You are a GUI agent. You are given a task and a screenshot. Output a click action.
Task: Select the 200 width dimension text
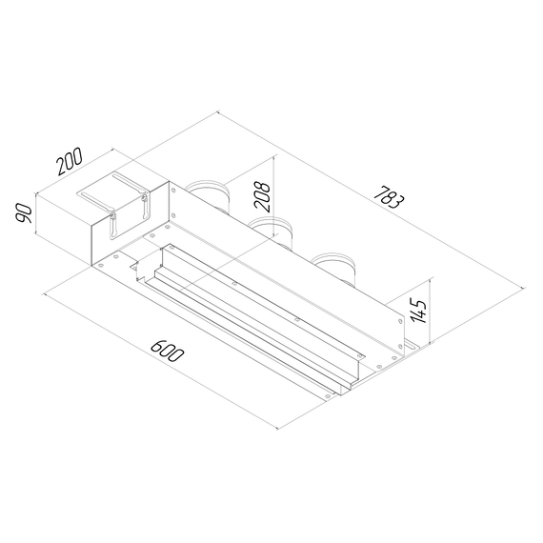[x=70, y=161]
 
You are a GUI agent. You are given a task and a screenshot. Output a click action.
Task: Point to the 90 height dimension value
[x=24, y=213]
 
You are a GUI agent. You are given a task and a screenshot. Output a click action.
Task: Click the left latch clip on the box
[x=111, y=226]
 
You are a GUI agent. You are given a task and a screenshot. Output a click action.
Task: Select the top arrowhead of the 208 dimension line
[x=274, y=156]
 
